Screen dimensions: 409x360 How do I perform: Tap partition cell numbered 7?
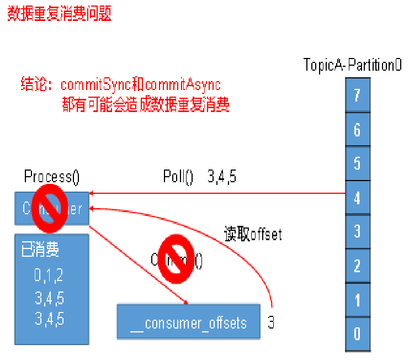[357, 95]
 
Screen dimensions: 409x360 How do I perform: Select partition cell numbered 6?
[357, 129]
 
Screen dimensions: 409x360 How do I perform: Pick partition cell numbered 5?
[357, 163]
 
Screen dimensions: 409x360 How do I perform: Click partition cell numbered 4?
[357, 197]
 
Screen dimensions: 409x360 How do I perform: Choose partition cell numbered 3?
[357, 231]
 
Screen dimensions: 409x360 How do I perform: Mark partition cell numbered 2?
[357, 266]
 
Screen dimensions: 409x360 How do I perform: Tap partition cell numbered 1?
[357, 300]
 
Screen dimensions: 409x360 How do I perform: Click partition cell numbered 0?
[357, 333]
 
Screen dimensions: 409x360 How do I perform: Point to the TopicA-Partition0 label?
[352, 65]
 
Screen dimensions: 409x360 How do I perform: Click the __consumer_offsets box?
[188, 322]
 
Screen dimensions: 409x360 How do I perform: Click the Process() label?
[52, 177]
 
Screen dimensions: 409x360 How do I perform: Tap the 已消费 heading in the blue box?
[40, 250]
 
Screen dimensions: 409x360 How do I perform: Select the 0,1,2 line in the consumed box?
[49, 275]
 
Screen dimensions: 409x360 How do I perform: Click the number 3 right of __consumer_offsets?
[271, 322]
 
